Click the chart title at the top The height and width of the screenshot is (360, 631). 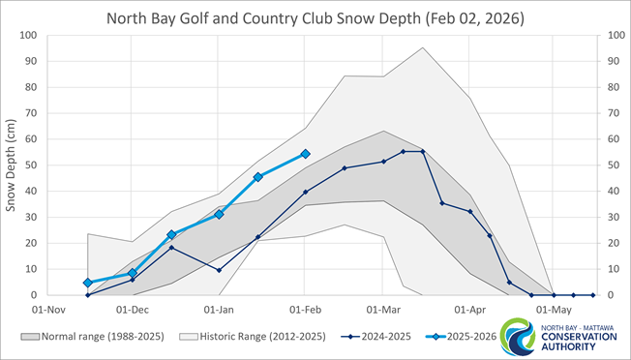click(x=315, y=17)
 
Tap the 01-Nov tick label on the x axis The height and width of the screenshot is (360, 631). click(x=46, y=311)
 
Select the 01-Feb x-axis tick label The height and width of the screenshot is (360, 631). click(x=306, y=311)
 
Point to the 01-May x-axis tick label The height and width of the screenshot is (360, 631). click(x=553, y=311)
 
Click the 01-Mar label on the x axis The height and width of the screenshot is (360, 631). click(x=384, y=311)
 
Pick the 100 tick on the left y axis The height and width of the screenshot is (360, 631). click(x=28, y=36)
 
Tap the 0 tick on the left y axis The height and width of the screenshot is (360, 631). click(x=34, y=295)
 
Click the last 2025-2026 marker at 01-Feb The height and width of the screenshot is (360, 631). click(x=305, y=154)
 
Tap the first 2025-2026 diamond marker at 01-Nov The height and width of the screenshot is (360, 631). click(x=88, y=283)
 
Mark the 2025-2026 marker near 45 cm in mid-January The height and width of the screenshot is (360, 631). click(x=257, y=177)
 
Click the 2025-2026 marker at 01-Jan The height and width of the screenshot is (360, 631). click(x=219, y=214)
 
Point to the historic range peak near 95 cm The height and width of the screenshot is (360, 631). click(x=423, y=47)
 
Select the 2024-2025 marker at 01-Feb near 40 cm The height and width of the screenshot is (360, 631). click(x=305, y=192)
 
